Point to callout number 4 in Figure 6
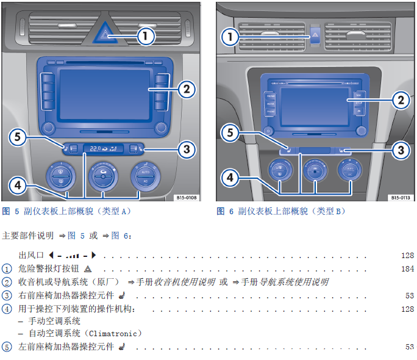coord(229,178)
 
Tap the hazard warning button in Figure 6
coord(315,35)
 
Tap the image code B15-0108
coord(187,198)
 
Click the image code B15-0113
coord(400,198)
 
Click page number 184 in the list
coord(407,269)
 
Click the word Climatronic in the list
coord(114,334)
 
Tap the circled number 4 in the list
coord(7,309)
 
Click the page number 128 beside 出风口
coord(407,255)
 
